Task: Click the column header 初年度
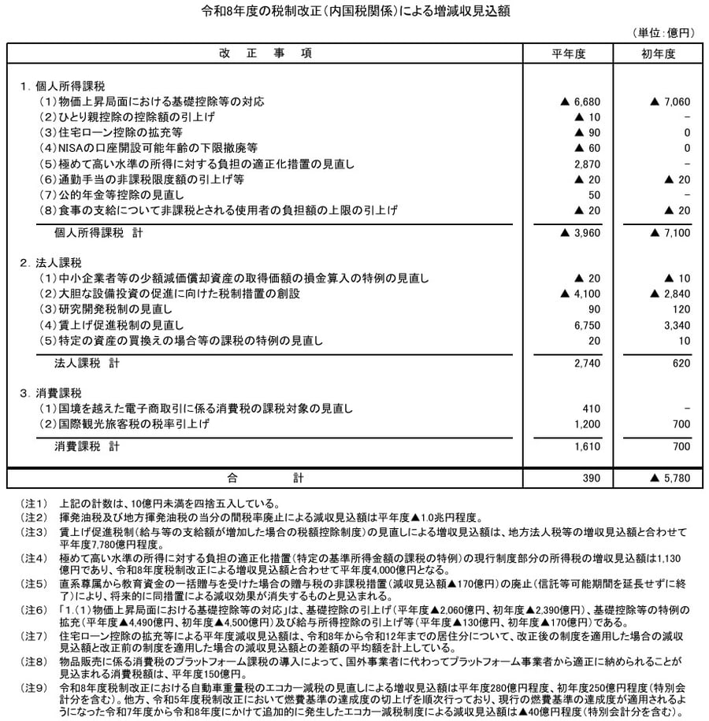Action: (x=659, y=54)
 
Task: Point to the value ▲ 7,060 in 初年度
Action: (x=670, y=102)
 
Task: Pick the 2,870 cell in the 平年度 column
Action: (x=587, y=163)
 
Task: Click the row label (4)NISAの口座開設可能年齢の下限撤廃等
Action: (x=149, y=148)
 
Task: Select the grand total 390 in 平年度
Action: (x=592, y=478)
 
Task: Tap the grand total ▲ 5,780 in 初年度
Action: (x=670, y=478)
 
